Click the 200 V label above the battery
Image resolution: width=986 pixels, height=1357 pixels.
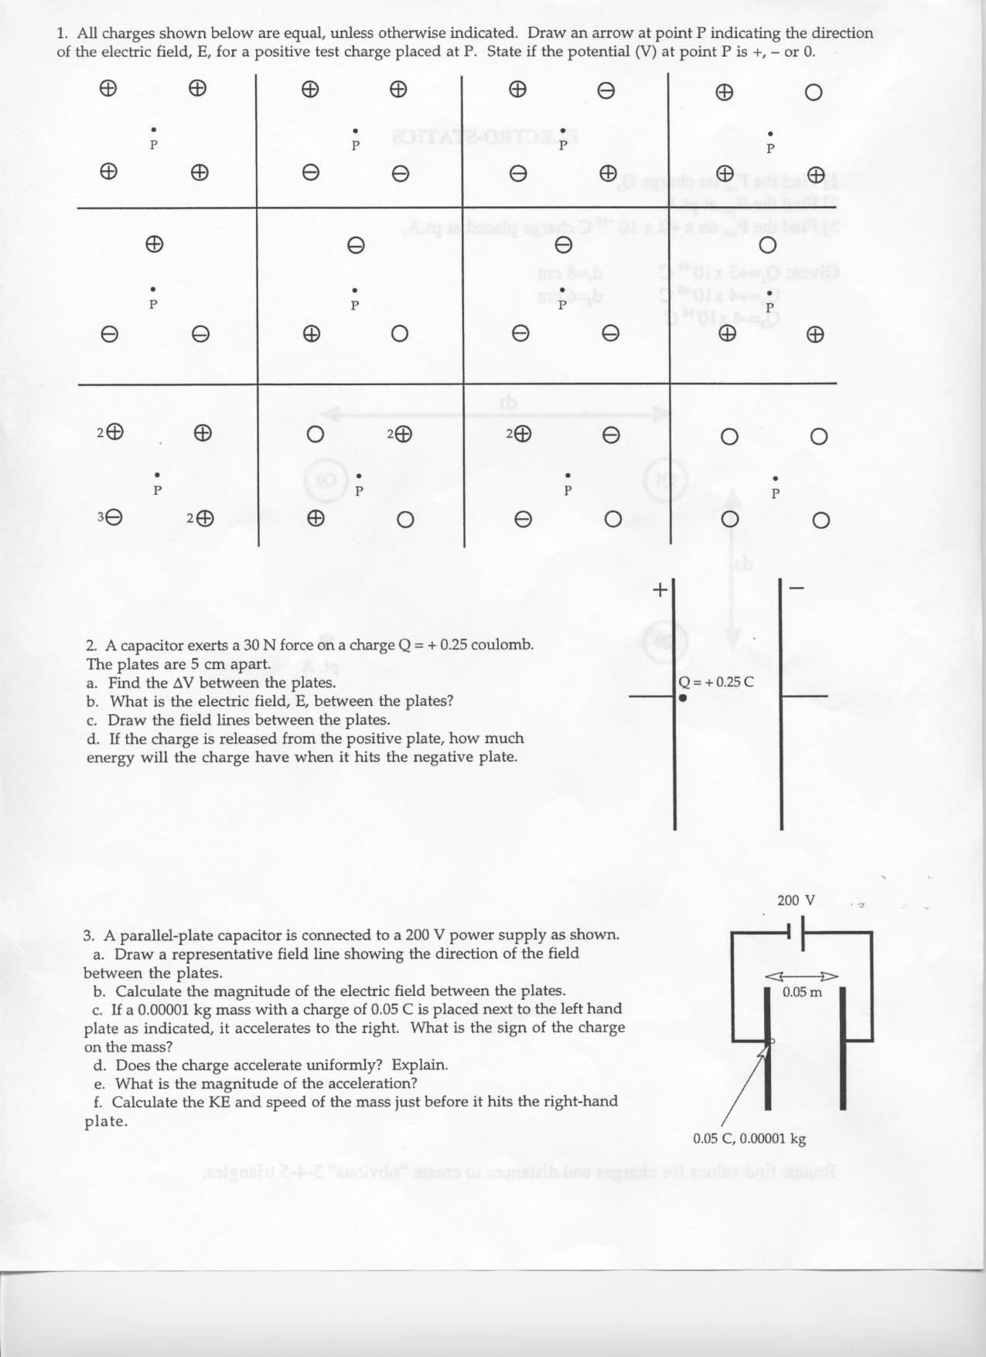pos(796,900)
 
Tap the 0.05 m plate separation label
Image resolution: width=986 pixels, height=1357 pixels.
pos(802,992)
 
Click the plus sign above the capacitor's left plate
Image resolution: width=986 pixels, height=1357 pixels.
pos(660,589)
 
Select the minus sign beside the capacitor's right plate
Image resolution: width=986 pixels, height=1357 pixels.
pos(798,589)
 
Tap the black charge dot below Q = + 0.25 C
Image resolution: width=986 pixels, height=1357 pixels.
pos(683,697)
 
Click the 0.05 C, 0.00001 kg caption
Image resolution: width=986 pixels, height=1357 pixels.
pos(749,1138)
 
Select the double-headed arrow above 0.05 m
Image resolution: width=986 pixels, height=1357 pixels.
pos(802,975)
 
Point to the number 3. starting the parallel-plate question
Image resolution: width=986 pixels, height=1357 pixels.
pos(90,935)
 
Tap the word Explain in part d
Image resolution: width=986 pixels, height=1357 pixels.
pos(419,1065)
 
